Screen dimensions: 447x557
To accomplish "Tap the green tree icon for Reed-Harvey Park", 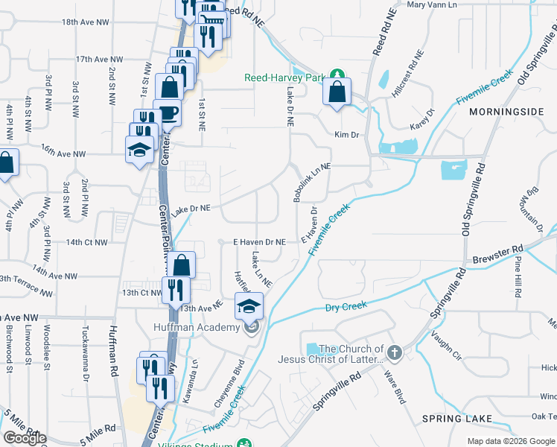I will (338, 75).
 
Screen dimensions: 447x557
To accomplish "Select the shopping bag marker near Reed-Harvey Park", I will (337, 93).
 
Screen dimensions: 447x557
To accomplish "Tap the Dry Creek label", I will (346, 306).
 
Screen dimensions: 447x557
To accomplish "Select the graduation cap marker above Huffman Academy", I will (249, 305).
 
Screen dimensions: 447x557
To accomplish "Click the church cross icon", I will (395, 352).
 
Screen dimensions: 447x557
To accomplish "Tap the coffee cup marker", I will (167, 113).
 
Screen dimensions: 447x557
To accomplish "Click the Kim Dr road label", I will (347, 135).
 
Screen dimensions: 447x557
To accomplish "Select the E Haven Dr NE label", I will (260, 242).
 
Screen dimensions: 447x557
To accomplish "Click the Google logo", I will (24, 438).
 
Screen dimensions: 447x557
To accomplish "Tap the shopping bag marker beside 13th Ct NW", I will (182, 264).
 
